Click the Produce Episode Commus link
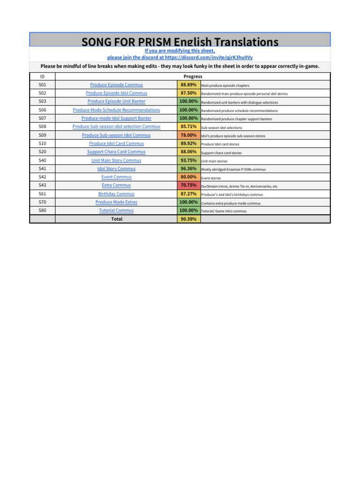(116, 85)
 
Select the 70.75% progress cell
(188, 186)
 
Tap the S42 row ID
(42, 177)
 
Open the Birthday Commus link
(116, 194)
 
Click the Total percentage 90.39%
(188, 219)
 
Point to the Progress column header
(193, 76)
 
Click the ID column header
(42, 76)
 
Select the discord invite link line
(180, 57)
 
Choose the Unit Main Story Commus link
(116, 160)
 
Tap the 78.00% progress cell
(188, 135)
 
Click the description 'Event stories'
(211, 178)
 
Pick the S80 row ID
(42, 210)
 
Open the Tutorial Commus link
(116, 210)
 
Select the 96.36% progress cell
(188, 169)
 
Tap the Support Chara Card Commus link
(116, 152)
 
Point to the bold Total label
(116, 219)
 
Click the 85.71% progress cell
(188, 127)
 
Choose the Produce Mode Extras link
(116, 202)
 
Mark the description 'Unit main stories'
(214, 161)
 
